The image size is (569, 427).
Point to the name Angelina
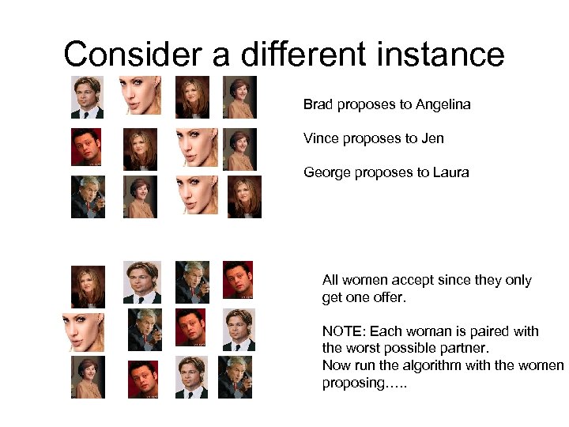point(443,104)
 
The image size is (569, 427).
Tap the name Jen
point(432,138)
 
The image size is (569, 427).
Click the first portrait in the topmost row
point(87,96)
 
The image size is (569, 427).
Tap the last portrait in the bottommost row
point(236,377)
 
